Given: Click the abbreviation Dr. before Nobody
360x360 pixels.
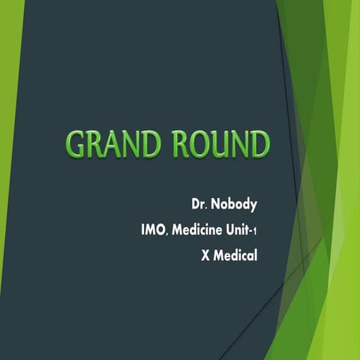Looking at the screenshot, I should (x=199, y=204).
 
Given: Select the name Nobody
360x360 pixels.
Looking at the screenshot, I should (x=235, y=204).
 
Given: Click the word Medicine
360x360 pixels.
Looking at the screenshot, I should (x=199, y=229).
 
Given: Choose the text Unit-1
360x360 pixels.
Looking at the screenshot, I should (x=244, y=229).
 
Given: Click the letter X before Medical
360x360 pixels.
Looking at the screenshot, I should (x=205, y=255).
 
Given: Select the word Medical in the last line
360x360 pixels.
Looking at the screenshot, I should (x=235, y=255).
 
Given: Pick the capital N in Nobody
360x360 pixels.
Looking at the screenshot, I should (x=215, y=204).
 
